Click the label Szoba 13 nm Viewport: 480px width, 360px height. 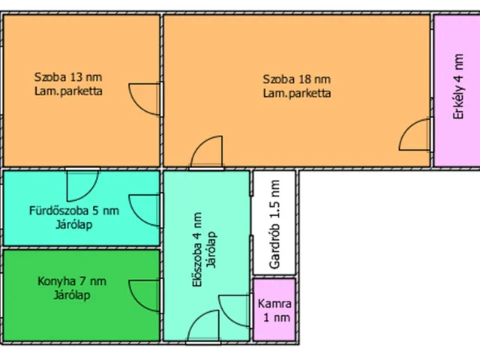point(68,76)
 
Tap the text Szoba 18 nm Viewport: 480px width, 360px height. point(297,79)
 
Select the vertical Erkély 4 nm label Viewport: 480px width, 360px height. point(458,86)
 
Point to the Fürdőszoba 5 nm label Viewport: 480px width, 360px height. point(74,211)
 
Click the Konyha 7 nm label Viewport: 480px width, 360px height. point(72,281)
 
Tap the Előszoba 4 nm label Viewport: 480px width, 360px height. point(197,250)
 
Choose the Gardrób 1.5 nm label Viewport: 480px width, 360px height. point(274,224)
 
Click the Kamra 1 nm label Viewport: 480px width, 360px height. point(274,310)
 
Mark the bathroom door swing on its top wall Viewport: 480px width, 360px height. point(90,193)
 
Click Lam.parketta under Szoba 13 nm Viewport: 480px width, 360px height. point(68,91)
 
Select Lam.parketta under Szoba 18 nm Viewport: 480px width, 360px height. point(297,93)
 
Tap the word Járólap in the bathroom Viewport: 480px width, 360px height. point(74,225)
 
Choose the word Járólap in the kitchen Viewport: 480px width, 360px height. point(72,295)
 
